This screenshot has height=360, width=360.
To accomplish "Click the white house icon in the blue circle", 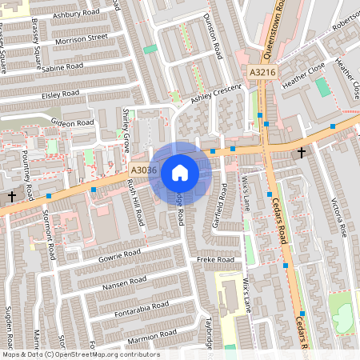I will [x=179, y=172].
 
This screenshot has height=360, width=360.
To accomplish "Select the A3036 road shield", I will [x=142, y=170].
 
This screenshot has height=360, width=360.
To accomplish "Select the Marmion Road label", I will [x=143, y=331].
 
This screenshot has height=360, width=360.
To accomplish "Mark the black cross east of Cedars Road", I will [x=302, y=152].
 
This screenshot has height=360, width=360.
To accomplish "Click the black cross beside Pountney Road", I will [x=11, y=195].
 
